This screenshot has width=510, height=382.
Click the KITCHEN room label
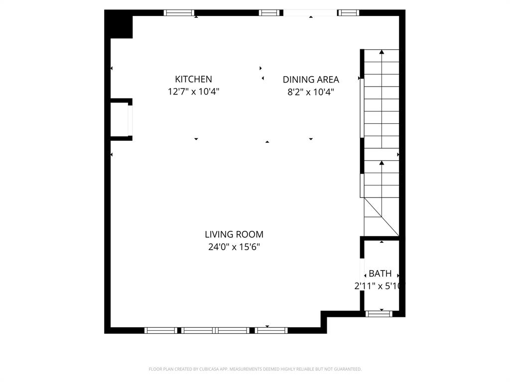point(193,79)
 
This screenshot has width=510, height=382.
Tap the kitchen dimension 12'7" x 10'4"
point(193,92)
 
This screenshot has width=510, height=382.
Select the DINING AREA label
point(311,80)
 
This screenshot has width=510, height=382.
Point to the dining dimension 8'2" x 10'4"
point(311,92)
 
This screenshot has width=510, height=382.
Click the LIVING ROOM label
point(234,234)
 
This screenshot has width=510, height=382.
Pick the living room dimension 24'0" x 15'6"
point(234,247)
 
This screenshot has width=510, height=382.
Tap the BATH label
point(380,274)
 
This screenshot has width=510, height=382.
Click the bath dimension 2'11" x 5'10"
point(380,286)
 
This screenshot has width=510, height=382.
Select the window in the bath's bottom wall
point(379,314)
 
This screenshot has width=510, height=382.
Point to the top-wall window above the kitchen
point(179,13)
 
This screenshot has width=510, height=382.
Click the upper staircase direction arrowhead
point(382,52)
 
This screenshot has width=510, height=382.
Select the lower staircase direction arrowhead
point(382,163)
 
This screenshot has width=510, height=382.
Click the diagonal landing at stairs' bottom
point(381,217)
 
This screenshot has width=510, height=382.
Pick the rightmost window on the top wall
point(348,13)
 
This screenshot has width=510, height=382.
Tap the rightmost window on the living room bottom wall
point(271,330)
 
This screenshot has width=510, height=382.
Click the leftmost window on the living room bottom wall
point(160,330)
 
